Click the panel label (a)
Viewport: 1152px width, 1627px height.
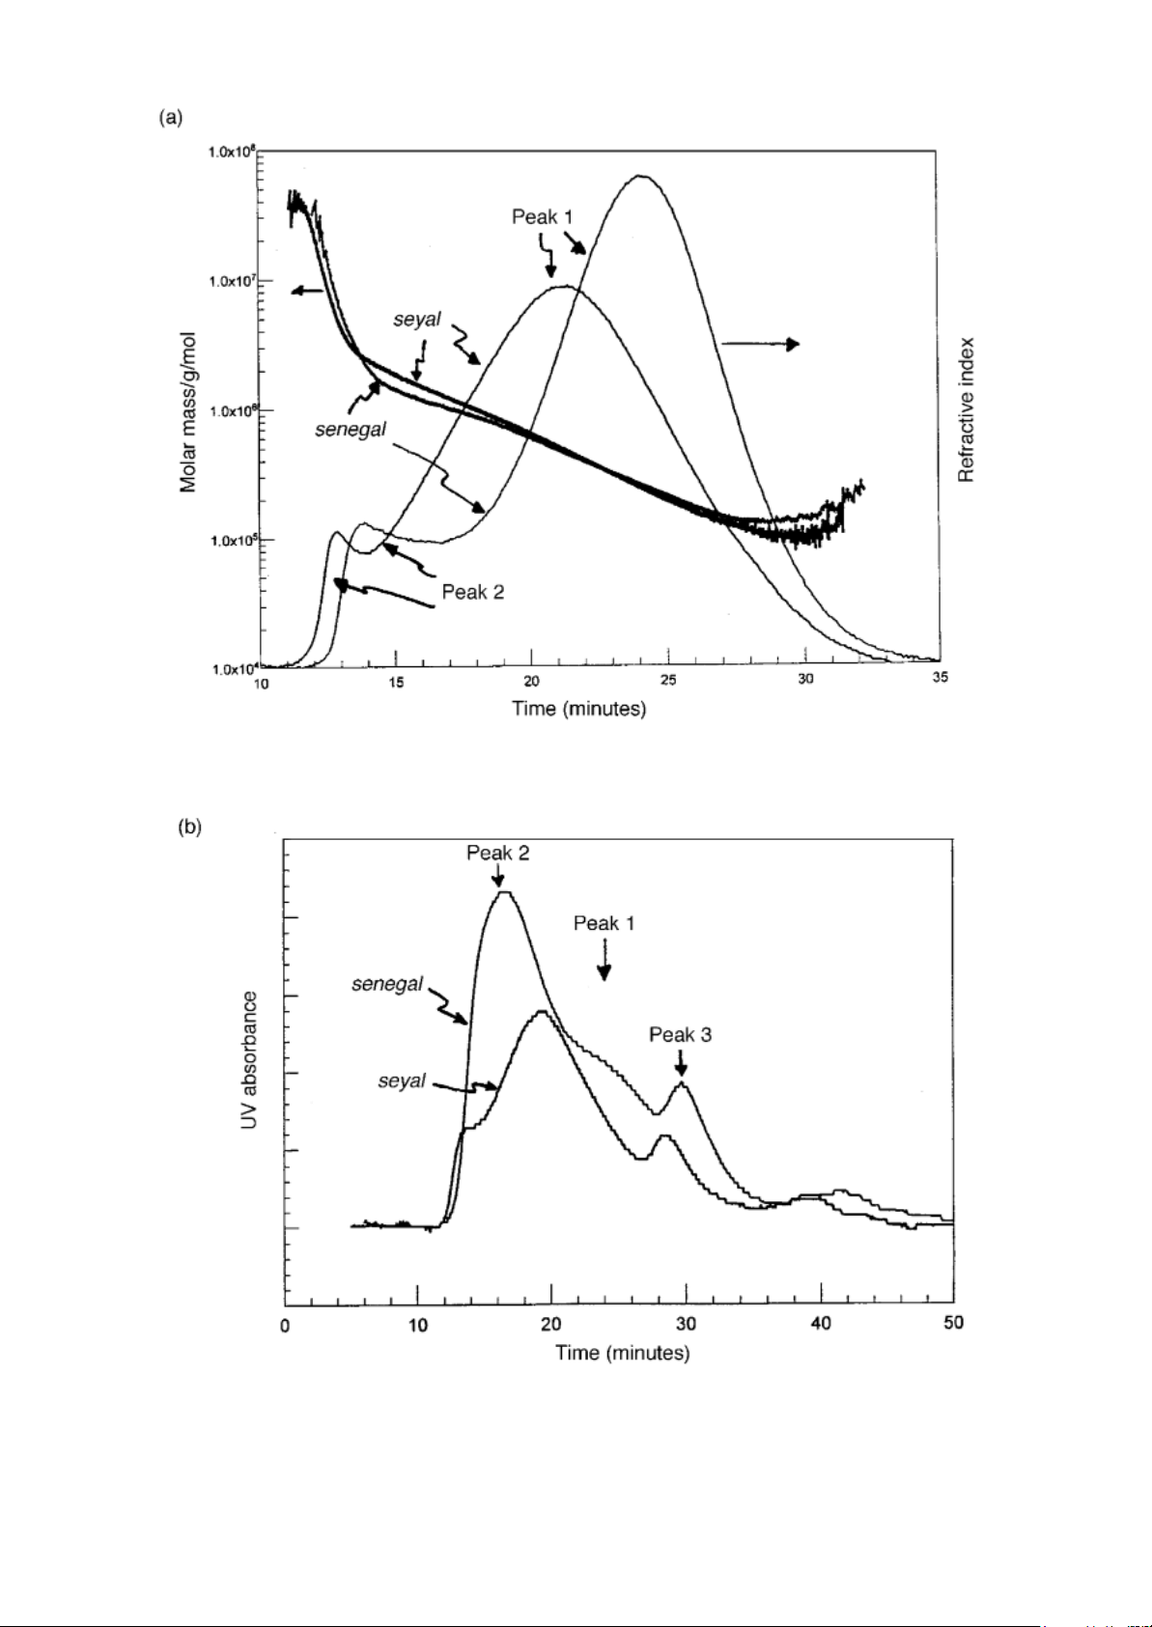coord(169,118)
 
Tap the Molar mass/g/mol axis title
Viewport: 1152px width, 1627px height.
coord(189,412)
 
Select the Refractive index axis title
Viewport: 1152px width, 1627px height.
coord(966,409)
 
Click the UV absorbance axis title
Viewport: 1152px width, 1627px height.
coord(250,1062)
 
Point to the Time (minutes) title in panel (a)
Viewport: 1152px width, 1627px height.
coord(578,709)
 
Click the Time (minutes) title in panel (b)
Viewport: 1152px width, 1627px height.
coord(622,1353)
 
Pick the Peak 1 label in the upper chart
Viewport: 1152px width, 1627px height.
coord(542,217)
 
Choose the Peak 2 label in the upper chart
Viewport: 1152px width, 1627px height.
coord(472,592)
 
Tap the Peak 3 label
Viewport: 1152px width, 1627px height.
coord(680,1035)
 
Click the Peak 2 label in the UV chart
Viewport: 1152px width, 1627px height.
coord(497,853)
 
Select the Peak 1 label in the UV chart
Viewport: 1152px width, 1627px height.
coord(604,923)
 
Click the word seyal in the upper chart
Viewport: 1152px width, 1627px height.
coord(416,320)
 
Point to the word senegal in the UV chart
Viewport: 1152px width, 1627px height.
coord(386,984)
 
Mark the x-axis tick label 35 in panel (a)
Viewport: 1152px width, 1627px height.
coord(940,678)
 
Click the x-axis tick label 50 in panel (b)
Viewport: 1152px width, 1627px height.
coord(953,1323)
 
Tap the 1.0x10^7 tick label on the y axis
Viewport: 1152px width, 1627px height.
coord(233,281)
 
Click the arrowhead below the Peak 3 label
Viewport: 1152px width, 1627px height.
coord(681,1069)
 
